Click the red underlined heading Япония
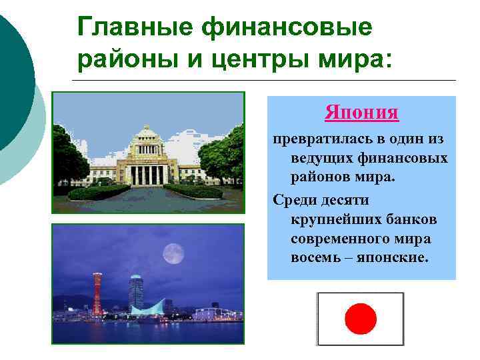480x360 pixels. [362, 112]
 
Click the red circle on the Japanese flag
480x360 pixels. [361, 319]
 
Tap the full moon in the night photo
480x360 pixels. [173, 253]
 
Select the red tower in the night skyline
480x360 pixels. [97, 293]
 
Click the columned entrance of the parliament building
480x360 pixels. [147, 175]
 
